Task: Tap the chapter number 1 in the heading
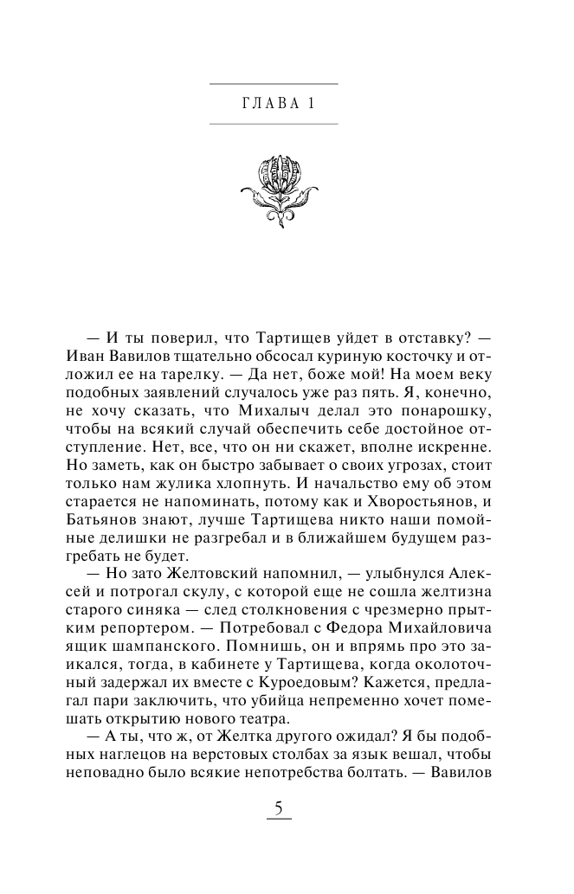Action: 308,103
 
